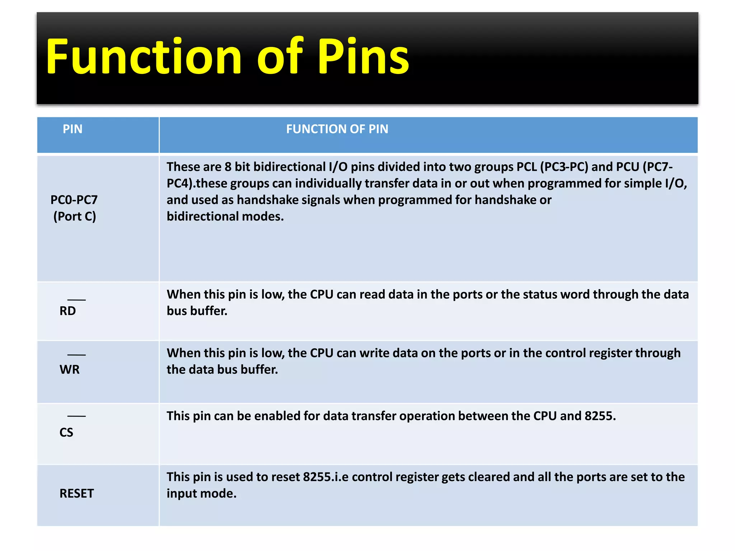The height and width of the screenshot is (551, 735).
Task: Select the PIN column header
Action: (x=72, y=129)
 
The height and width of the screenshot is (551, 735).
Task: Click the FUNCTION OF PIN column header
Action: (x=337, y=129)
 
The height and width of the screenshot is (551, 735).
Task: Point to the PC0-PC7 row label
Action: (x=74, y=200)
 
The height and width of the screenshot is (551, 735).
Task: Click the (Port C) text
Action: (x=75, y=216)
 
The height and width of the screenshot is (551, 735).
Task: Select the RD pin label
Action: (x=67, y=311)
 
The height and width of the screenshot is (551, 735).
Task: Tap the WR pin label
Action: (x=70, y=369)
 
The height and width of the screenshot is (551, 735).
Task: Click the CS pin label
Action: (x=66, y=432)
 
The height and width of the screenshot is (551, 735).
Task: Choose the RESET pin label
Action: (x=76, y=494)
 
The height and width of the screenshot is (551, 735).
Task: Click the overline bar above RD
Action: (x=76, y=300)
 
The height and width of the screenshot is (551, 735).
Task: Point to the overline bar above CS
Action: (x=76, y=416)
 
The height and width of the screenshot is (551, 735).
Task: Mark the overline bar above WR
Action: (x=76, y=355)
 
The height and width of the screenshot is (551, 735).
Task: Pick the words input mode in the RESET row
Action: (x=201, y=494)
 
